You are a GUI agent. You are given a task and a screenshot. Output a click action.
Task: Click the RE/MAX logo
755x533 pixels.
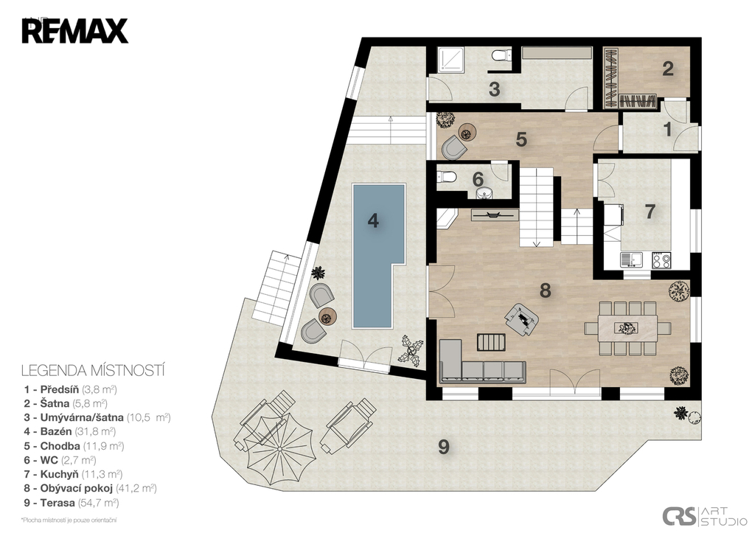[x=74, y=31]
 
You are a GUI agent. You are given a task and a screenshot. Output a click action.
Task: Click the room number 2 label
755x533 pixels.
[x=667, y=69]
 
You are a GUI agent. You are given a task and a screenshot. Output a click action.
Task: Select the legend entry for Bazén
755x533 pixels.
[x=70, y=431]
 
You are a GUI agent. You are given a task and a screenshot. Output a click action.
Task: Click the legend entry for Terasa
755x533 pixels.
[x=72, y=503]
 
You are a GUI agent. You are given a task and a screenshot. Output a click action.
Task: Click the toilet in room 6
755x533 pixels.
[x=446, y=178]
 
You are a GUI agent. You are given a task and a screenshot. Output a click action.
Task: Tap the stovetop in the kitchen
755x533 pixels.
[x=661, y=260]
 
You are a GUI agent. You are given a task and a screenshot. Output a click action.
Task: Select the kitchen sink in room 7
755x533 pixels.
[x=632, y=260]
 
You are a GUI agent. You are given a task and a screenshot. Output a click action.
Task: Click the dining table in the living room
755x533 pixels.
[x=627, y=328]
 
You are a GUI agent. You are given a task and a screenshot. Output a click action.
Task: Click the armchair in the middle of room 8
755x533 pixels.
[x=521, y=318]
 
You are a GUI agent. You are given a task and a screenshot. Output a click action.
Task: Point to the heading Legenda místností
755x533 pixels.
[x=94, y=371]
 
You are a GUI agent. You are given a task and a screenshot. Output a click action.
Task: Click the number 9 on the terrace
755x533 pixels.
[x=443, y=447]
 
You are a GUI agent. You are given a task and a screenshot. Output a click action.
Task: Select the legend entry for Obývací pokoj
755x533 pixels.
[x=91, y=488]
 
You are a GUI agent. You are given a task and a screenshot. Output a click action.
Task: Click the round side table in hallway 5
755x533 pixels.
[x=467, y=131]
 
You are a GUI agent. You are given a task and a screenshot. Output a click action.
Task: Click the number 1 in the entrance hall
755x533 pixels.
[x=667, y=130]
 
